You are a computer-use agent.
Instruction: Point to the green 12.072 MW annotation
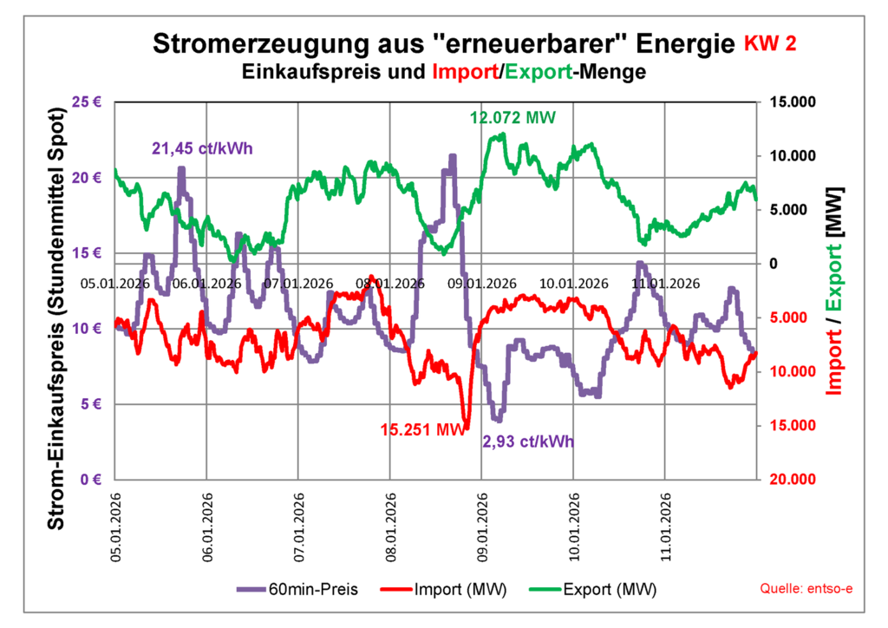(x=512, y=117)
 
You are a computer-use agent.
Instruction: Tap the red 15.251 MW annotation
(x=422, y=428)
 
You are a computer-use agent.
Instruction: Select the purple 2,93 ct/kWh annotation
(x=528, y=442)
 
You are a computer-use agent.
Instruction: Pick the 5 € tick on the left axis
(x=93, y=404)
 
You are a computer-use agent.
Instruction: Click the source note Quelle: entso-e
(x=806, y=589)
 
